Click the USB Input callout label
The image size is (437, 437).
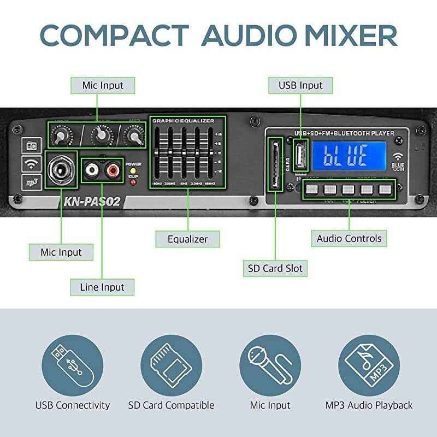point(300,85)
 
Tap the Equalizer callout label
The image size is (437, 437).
point(187,239)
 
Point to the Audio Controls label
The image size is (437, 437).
point(349,238)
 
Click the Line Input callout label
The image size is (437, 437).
point(102,287)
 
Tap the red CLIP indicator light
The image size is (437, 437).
point(133,182)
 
